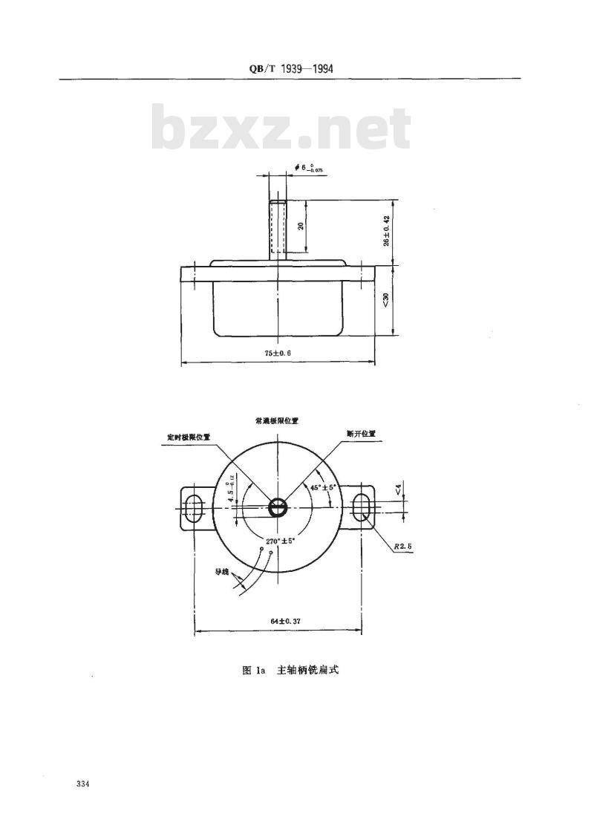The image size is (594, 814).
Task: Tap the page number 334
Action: pyautogui.click(x=82, y=784)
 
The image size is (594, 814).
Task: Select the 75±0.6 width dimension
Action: pyautogui.click(x=276, y=354)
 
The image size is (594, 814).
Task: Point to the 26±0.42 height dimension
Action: pyautogui.click(x=386, y=231)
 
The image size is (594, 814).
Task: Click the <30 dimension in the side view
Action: pyautogui.click(x=386, y=300)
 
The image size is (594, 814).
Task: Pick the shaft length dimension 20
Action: pyautogui.click(x=301, y=226)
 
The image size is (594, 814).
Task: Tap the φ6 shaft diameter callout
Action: pyautogui.click(x=307, y=168)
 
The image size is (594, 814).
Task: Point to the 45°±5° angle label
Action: pyautogui.click(x=323, y=487)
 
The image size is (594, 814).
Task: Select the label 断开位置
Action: pyautogui.click(x=361, y=432)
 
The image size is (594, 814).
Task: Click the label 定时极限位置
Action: pyautogui.click(x=189, y=437)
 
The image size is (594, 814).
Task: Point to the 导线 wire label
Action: pyautogui.click(x=222, y=572)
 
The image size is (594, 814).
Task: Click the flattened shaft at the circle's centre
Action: pyautogui.click(x=277, y=508)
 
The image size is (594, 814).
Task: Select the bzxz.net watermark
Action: pyautogui.click(x=281, y=129)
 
